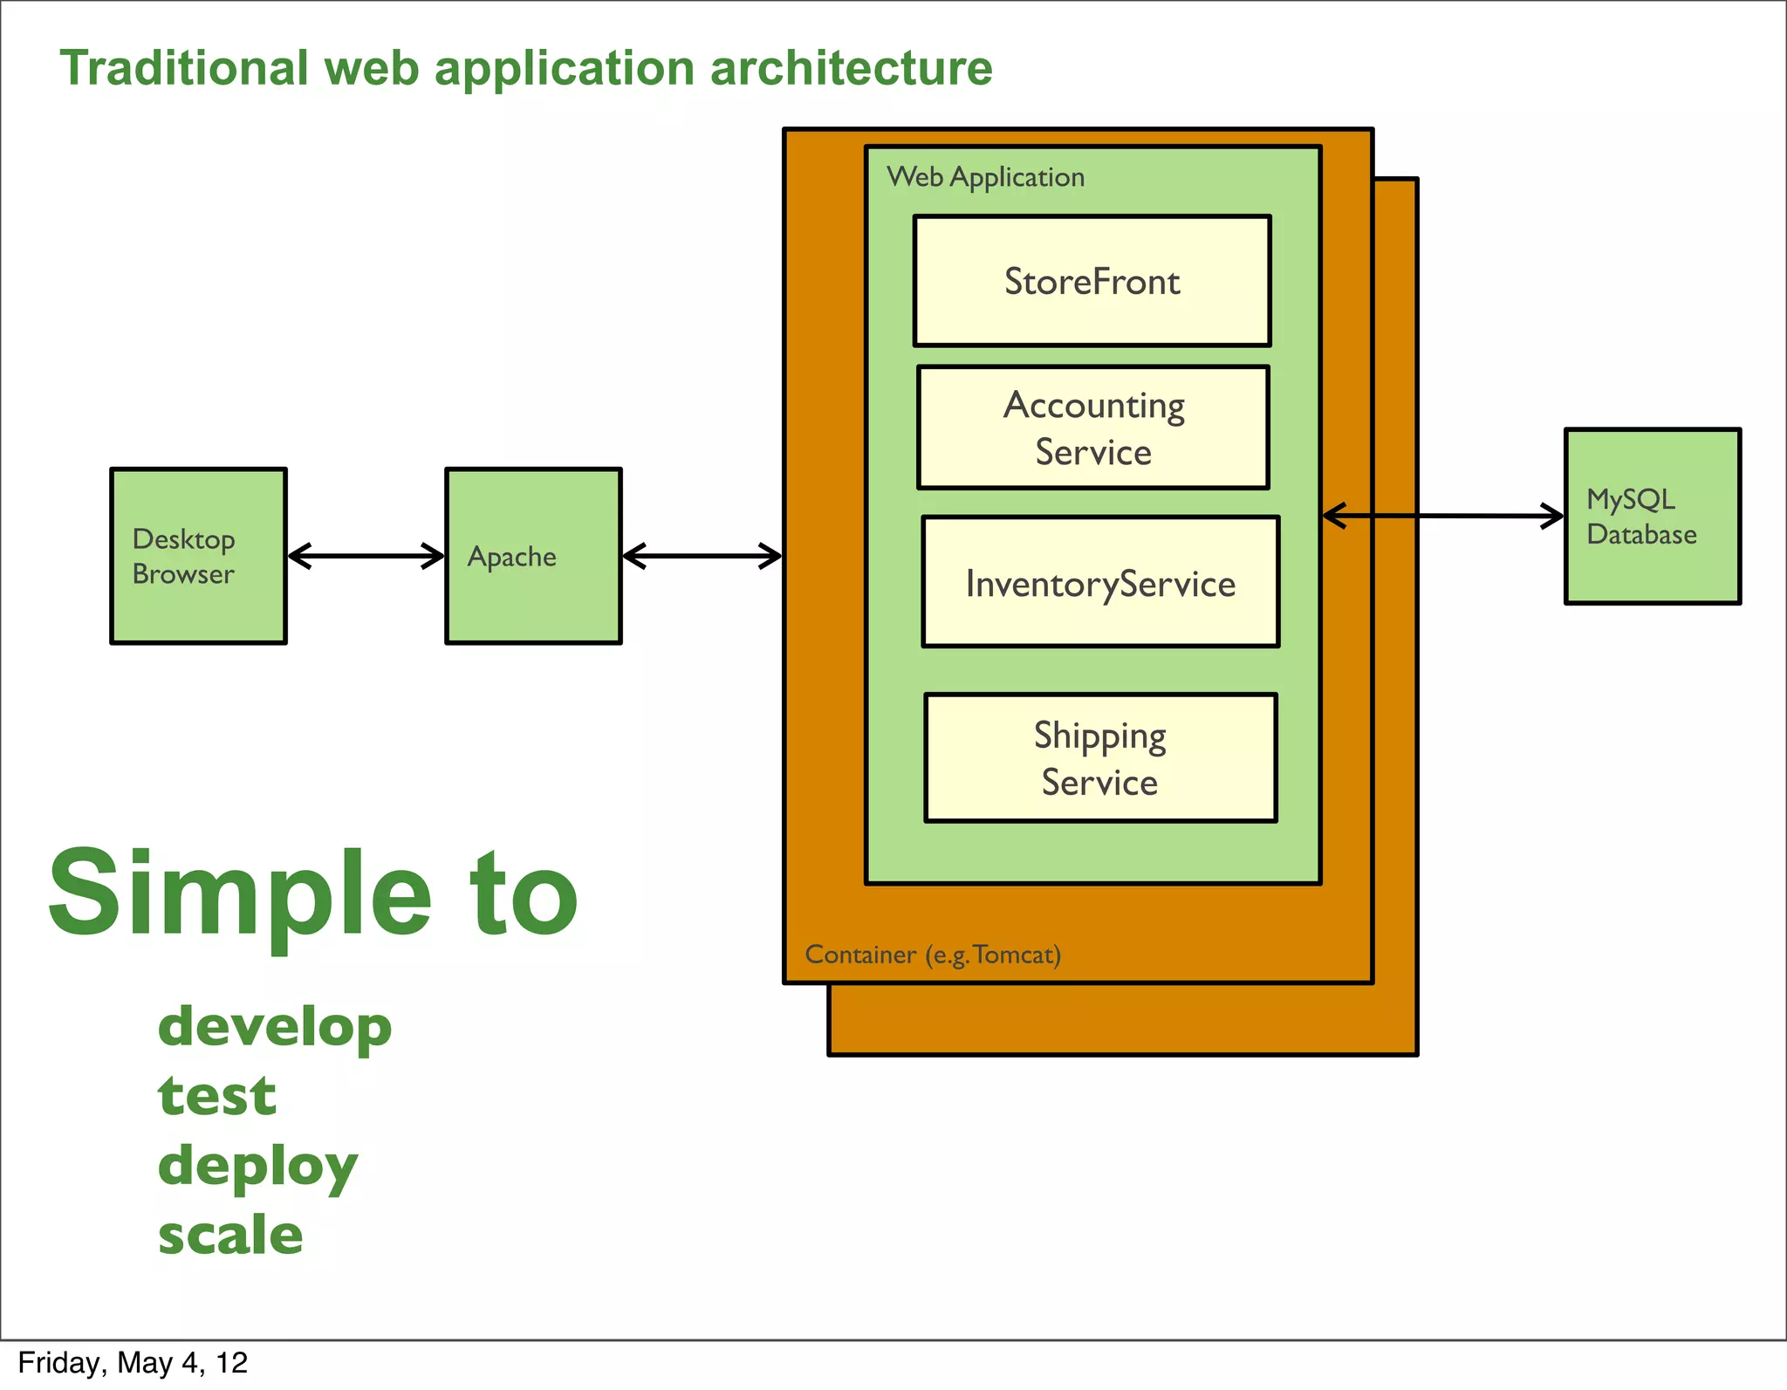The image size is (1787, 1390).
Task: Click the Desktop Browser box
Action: (x=198, y=556)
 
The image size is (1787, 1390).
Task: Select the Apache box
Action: (x=533, y=556)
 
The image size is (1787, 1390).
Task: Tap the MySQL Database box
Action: (x=1652, y=516)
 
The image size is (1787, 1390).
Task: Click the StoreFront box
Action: (x=1092, y=281)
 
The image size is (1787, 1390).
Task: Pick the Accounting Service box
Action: (x=1092, y=428)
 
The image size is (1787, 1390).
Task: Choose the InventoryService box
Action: (x=1100, y=582)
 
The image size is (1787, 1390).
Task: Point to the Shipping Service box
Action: (x=1100, y=757)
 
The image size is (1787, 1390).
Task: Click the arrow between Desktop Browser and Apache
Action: (x=366, y=556)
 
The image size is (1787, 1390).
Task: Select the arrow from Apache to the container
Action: (x=702, y=556)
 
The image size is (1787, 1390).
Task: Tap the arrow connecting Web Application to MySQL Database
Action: (x=1442, y=516)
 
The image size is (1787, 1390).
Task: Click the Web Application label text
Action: (x=985, y=177)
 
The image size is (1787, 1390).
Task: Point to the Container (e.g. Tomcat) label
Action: (x=932, y=955)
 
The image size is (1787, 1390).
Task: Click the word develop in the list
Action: (x=275, y=1027)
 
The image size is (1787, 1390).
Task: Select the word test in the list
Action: (x=216, y=1096)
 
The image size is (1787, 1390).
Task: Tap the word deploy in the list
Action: (x=257, y=1167)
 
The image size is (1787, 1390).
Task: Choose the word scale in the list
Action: (x=230, y=1235)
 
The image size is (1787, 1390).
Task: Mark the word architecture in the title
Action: (x=851, y=68)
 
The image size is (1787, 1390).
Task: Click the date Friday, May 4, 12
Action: (x=133, y=1363)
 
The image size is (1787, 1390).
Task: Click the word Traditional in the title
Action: (x=184, y=68)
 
